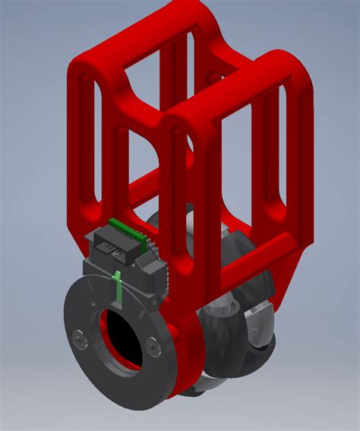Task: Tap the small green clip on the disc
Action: click(x=118, y=285)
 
